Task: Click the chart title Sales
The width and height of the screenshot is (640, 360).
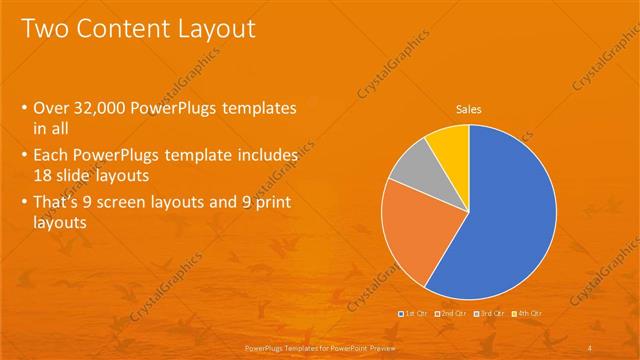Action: click(x=469, y=108)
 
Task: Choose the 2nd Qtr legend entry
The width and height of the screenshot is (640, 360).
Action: click(x=452, y=314)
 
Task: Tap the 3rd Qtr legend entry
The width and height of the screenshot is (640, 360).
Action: click(x=489, y=314)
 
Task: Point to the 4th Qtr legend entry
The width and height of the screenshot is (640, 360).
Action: click(x=527, y=314)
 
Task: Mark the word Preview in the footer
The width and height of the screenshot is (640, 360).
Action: click(x=373, y=346)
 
